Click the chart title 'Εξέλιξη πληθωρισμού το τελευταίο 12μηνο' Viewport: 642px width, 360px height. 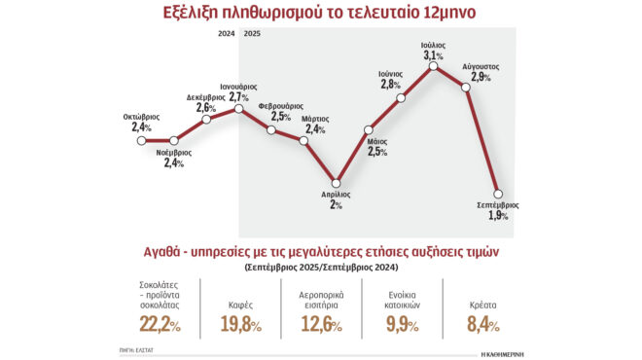[321, 14]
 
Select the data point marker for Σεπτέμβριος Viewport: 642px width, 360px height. [500, 193]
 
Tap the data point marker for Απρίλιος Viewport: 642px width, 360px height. [337, 182]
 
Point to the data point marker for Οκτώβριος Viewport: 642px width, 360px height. [141, 140]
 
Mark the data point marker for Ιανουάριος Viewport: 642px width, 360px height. [238, 109]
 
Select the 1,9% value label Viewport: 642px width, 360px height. [498, 216]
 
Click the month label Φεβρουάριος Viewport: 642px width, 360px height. [280, 105]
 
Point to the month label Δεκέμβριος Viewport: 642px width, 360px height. [207, 97]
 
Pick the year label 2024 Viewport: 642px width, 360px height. [226, 34]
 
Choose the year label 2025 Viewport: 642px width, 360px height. [251, 34]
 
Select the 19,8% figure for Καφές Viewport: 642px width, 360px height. [240, 322]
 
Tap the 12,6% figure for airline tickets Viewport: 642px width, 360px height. [321, 322]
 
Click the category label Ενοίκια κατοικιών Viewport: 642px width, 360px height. [401, 296]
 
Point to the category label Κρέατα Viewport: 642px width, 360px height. [481, 303]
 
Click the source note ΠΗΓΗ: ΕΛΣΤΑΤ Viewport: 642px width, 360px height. [137, 347]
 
